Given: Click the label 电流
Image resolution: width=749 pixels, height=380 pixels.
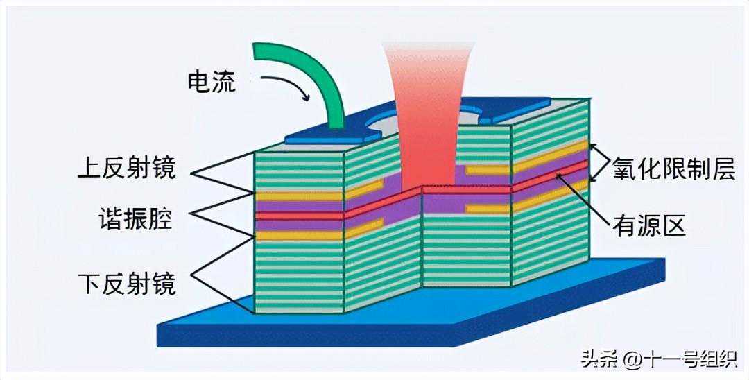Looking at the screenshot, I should [x=212, y=83].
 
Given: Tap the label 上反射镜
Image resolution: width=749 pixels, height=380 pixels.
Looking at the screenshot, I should [x=128, y=168].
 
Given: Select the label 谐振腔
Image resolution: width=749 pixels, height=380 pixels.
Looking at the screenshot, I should [x=136, y=221].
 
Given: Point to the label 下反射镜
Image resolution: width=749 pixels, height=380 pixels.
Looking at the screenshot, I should [x=128, y=284].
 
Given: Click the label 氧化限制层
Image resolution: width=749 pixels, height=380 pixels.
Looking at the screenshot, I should [x=673, y=169].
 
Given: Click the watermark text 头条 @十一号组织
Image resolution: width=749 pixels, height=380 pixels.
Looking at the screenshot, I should [x=659, y=359].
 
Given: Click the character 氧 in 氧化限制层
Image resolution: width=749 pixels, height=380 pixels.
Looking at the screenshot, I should [x=624, y=169].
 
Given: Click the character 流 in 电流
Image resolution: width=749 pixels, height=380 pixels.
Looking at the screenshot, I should [x=224, y=83].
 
